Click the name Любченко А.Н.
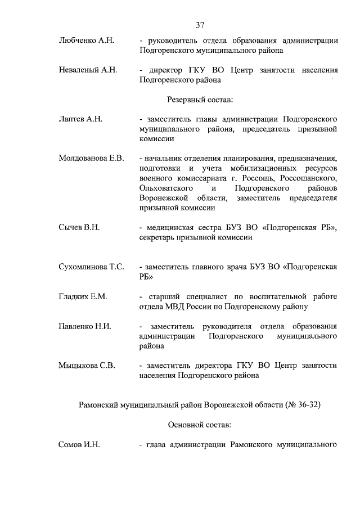87,40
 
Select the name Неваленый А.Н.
88,70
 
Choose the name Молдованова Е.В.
91,157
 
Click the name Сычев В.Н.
79,227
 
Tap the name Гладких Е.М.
83,296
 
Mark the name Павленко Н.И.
85,326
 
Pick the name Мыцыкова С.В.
87,366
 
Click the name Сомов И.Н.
79,445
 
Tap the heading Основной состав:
200,425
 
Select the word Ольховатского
167,187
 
